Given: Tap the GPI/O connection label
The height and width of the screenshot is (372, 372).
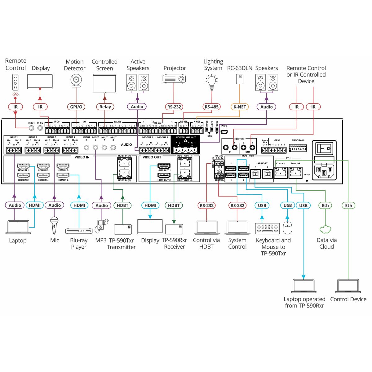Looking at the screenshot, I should (76, 107).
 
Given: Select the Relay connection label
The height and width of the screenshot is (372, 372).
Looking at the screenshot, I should (105, 107).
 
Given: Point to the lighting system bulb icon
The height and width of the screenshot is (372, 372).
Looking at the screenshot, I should (212, 81).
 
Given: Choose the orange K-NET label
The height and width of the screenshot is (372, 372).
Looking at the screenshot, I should (240, 107).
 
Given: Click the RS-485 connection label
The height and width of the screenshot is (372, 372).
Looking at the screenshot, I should (211, 107).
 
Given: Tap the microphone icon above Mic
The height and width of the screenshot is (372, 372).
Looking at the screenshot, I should (55, 224).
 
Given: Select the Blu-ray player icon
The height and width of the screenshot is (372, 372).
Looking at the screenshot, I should (79, 231).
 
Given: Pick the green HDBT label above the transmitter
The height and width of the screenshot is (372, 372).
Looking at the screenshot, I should (122, 205).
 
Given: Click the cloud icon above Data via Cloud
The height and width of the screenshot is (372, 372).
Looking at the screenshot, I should (325, 229).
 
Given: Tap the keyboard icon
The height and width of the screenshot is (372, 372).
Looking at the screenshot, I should (267, 228).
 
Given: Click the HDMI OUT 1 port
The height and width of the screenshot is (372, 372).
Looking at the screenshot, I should (164, 166).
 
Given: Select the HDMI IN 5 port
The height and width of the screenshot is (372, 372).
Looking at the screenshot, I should (63, 166).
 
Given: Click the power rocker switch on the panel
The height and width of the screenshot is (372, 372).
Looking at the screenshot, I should (324, 149).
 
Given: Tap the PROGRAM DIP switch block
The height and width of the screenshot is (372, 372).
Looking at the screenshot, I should (298, 148).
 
